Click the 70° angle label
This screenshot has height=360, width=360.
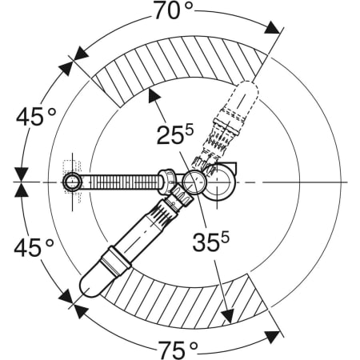point(173,10)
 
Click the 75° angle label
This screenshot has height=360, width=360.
point(178,350)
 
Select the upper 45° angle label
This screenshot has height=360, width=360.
point(36,117)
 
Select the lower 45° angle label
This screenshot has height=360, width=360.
point(34,247)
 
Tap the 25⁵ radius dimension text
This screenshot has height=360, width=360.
point(175,134)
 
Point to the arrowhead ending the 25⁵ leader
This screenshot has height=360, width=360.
point(154,95)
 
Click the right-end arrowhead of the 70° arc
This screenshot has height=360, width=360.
point(272,28)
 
